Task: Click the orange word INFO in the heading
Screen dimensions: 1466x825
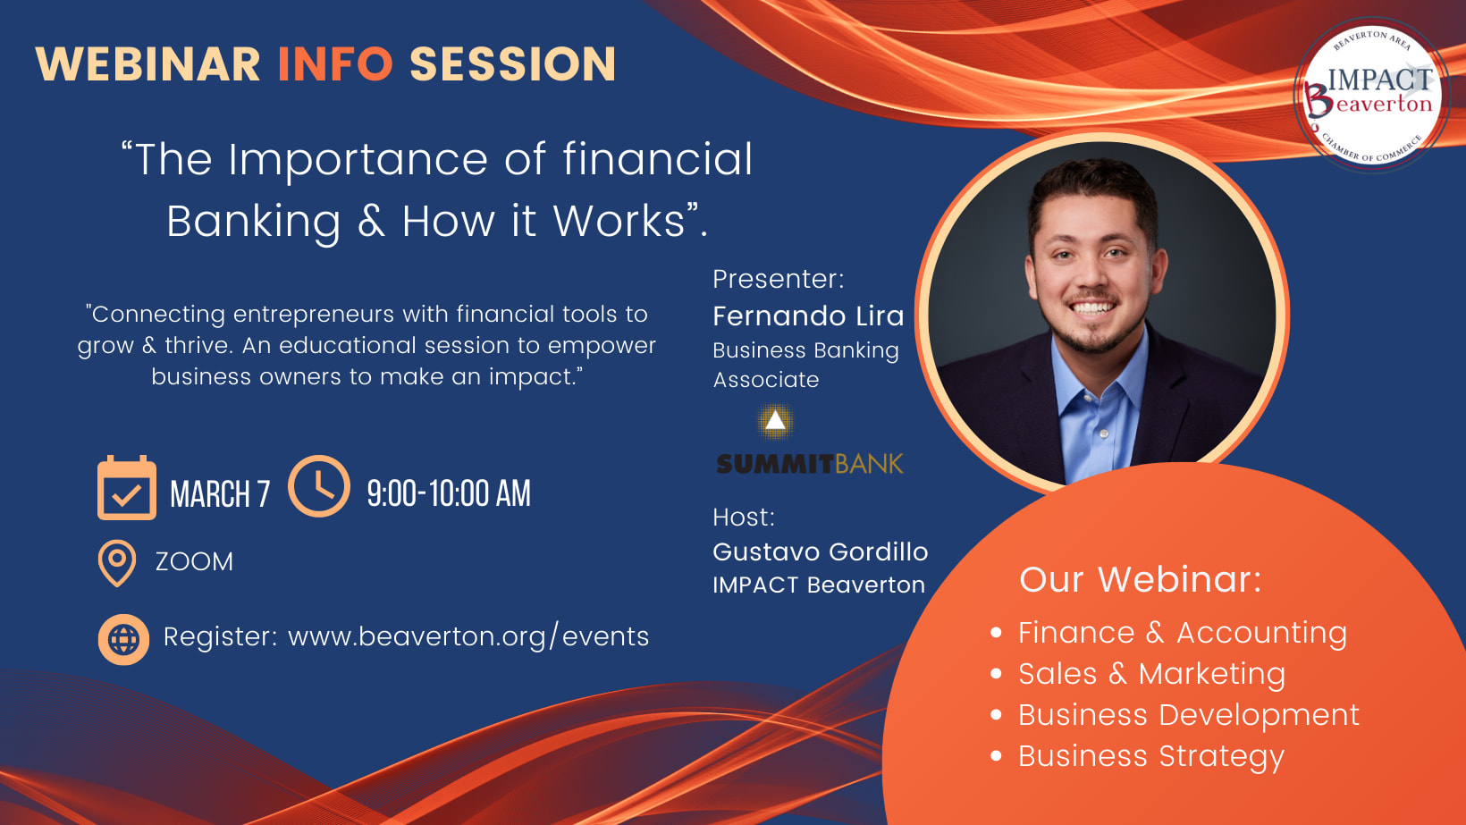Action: (335, 63)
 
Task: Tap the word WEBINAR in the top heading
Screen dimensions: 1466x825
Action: (148, 63)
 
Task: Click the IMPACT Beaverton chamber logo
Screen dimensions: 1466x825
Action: (1372, 95)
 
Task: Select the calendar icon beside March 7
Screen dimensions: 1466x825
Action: (127, 487)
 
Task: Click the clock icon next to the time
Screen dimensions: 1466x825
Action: (319, 486)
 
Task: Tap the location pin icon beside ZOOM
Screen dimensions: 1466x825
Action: (116, 562)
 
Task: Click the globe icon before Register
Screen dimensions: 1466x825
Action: (123, 639)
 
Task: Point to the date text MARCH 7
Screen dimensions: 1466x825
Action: (220, 494)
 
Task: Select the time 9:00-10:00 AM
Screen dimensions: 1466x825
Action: (449, 494)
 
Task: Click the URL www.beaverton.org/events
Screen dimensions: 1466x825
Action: (468, 636)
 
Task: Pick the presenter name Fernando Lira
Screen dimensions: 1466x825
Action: (808, 316)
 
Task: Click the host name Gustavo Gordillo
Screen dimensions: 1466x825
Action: (820, 551)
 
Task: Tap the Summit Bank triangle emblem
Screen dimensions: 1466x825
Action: (776, 420)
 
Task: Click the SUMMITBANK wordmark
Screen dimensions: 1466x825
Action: (810, 464)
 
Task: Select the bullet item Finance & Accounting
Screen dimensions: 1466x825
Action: (1182, 633)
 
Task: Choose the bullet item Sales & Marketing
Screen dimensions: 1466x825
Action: (1152, 674)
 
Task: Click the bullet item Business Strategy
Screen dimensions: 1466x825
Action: (1151, 756)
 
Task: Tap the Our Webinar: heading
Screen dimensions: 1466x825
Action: (1140, 580)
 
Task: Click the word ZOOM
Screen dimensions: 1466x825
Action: (194, 562)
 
